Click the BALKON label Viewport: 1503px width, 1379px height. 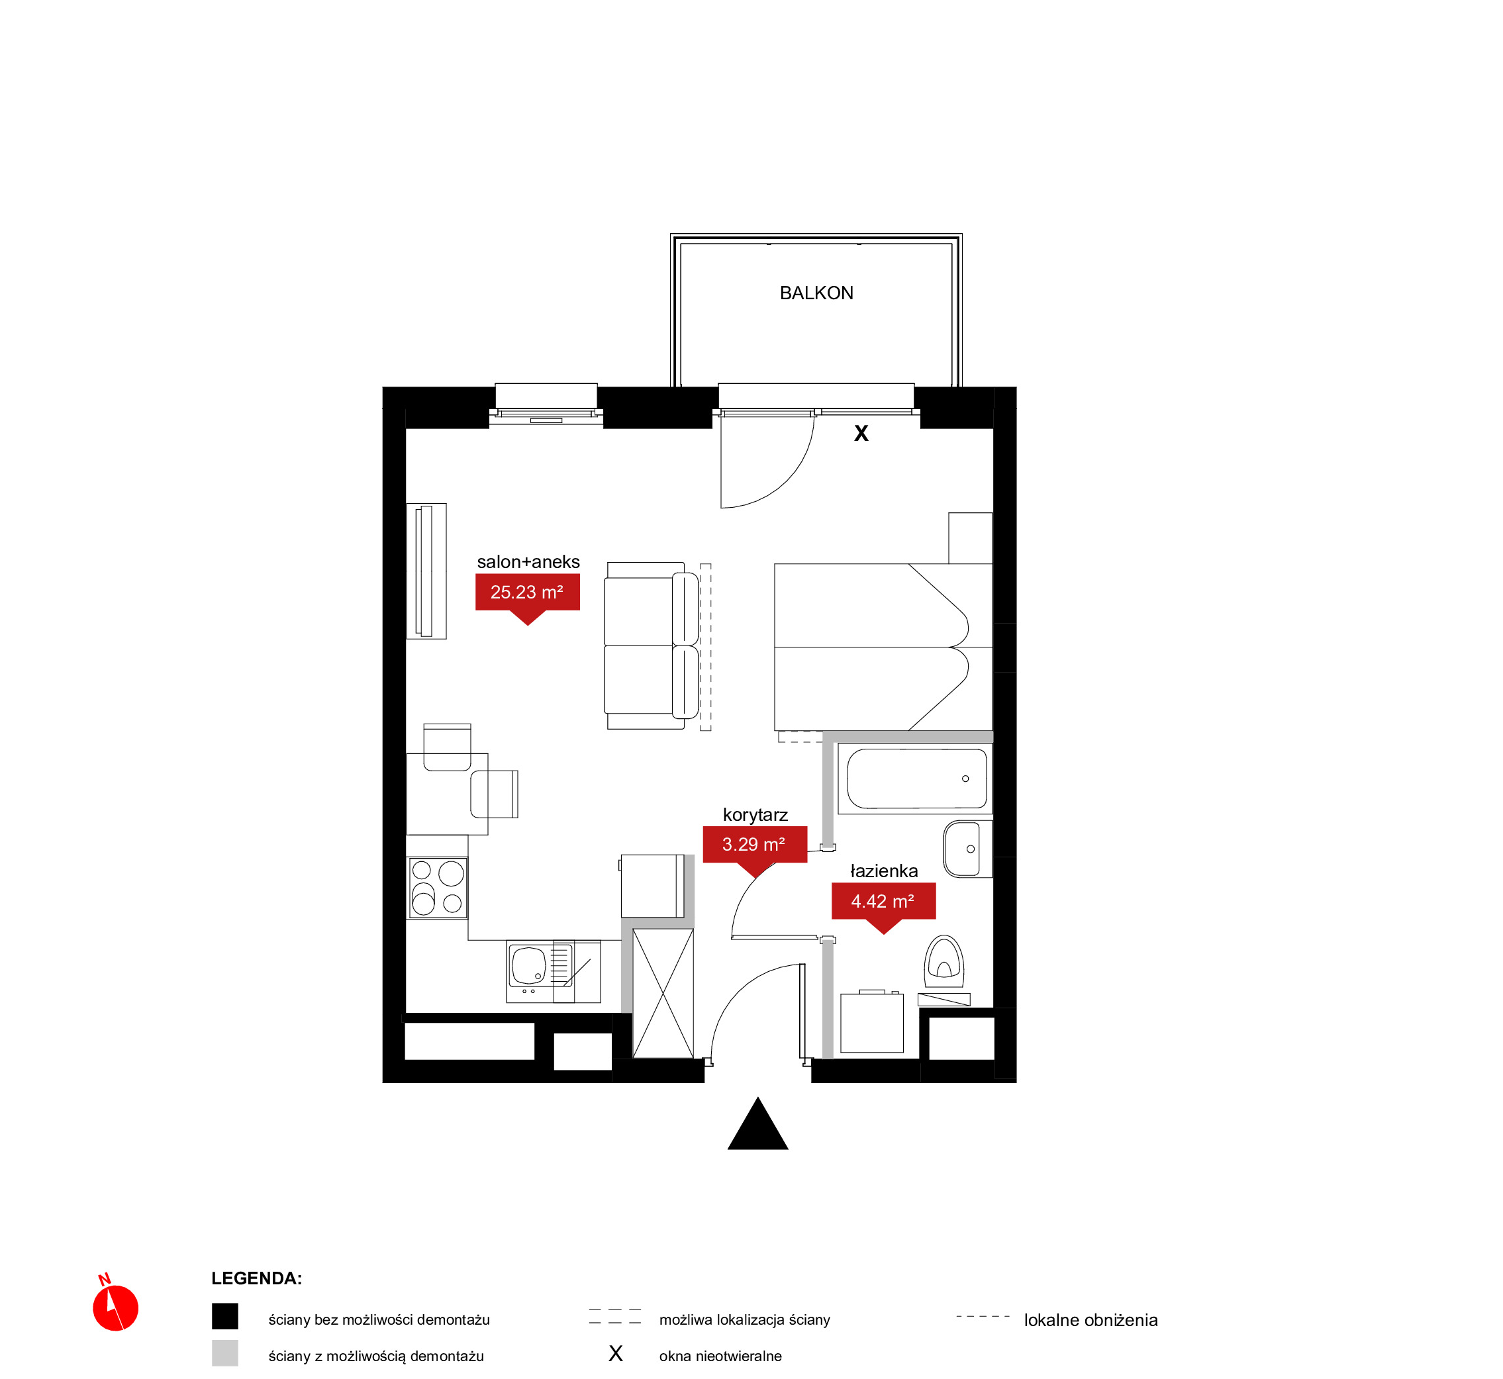[816, 293]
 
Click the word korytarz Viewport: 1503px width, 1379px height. [755, 815]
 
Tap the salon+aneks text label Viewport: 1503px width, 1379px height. [528, 562]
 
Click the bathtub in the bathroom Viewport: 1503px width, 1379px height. [915, 779]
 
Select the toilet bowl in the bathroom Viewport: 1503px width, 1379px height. [944, 962]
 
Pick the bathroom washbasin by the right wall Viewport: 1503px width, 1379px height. [967, 849]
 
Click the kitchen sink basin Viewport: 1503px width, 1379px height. [529, 966]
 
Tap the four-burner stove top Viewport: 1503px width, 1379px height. [437, 888]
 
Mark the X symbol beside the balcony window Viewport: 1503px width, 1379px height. [861, 434]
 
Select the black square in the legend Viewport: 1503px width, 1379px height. [224, 1316]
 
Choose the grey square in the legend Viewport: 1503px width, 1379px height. [224, 1353]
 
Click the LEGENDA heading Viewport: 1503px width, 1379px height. [256, 1278]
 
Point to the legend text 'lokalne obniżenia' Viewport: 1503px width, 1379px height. [1091, 1320]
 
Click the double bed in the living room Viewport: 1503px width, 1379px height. [883, 647]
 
